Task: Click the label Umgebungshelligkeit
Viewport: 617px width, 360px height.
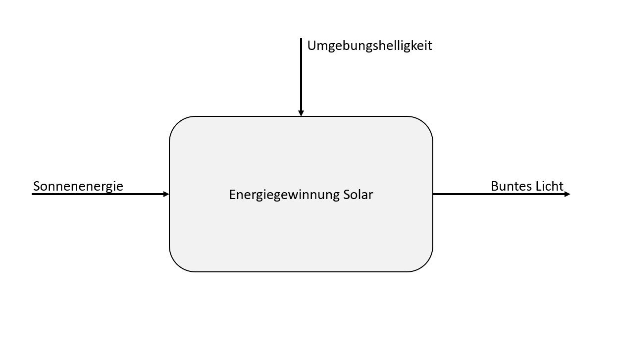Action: click(x=369, y=46)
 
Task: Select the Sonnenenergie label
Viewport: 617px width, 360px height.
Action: click(x=78, y=186)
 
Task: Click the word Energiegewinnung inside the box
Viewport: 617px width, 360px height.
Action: click(x=284, y=195)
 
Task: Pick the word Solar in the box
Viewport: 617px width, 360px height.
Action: click(x=358, y=195)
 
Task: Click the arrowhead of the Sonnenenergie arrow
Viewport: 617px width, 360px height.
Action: click(x=166, y=194)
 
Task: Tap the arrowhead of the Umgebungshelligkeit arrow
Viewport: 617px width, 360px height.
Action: click(x=301, y=113)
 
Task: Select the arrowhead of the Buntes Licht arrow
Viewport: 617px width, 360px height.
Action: click(x=567, y=194)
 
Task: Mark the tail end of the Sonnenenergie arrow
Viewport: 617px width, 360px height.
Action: click(x=33, y=194)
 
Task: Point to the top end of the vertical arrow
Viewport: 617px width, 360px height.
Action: click(x=301, y=40)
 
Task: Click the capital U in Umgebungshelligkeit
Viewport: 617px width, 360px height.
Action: click(x=311, y=46)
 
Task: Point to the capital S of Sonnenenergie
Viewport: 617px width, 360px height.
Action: click(x=37, y=186)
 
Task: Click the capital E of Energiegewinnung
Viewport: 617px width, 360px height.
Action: click(x=232, y=195)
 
